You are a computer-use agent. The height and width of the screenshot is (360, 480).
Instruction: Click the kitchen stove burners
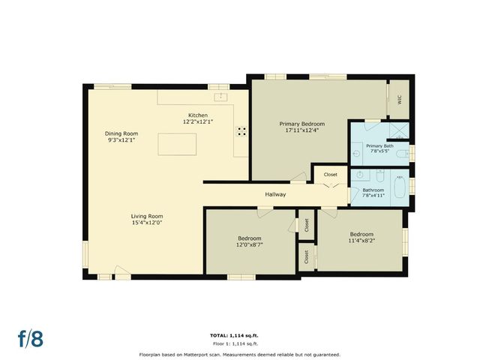pos(242,130)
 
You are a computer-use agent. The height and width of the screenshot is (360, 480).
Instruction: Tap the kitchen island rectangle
pos(178,143)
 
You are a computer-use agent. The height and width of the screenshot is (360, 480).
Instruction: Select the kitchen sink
pos(222,97)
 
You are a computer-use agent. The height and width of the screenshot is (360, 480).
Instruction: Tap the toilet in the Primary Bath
pos(403,154)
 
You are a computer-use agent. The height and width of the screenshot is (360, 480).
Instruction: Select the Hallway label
pos(275,195)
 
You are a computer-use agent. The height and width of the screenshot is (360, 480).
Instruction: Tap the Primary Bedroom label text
pos(301,124)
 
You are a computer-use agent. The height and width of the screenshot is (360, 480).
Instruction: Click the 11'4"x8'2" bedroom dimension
pos(361,241)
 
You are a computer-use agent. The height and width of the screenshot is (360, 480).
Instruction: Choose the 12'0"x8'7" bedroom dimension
pos(250,244)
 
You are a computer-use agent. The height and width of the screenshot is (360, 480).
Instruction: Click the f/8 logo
pos(31,338)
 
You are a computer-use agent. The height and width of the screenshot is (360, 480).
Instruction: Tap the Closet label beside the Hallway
pos(330,175)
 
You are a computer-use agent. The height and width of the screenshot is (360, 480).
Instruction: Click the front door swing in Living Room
pos(120,271)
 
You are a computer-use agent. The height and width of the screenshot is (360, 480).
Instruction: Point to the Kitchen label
pos(198,115)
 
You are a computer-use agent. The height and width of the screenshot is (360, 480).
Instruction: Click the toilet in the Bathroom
pos(380,178)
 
